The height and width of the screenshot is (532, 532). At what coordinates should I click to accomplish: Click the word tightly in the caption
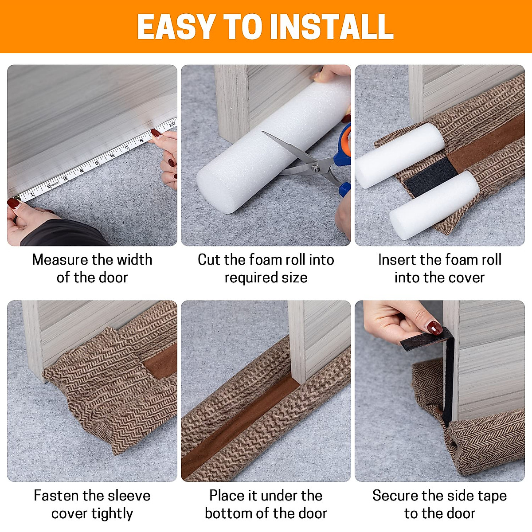coord(112,513)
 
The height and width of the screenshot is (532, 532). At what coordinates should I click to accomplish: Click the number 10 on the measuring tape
coord(172,125)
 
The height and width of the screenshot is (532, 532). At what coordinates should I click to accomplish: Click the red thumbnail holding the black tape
coord(434,328)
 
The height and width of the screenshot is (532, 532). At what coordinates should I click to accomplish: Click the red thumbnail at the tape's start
coord(13,203)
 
